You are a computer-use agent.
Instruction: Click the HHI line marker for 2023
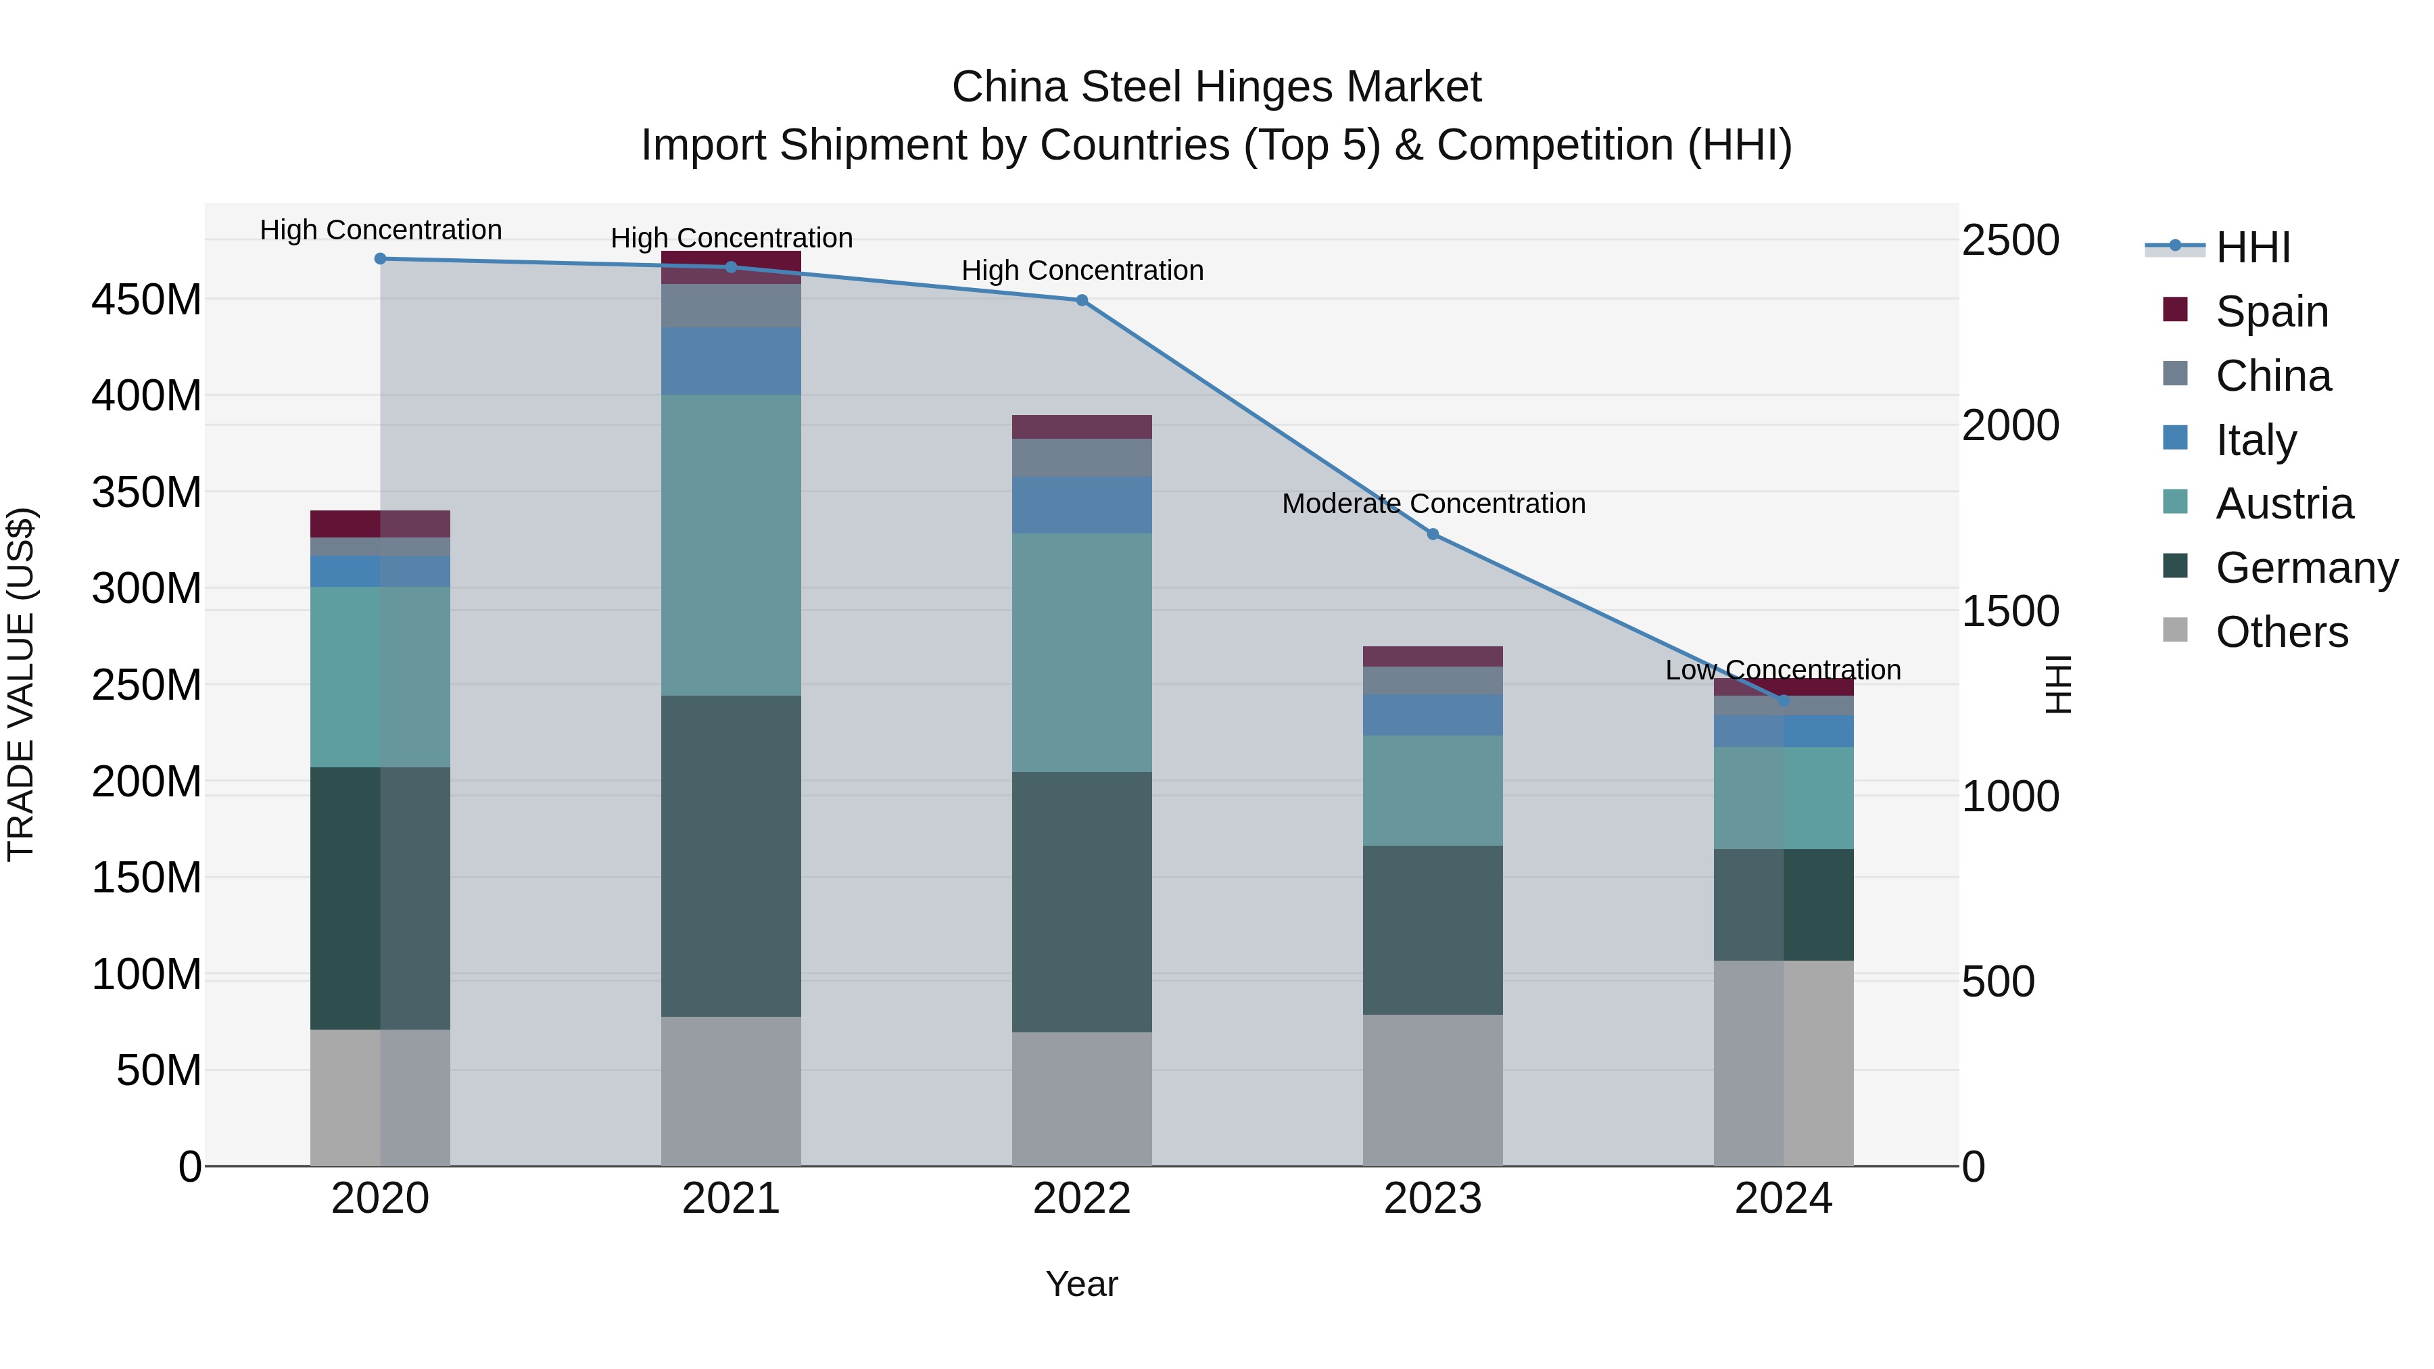1433,534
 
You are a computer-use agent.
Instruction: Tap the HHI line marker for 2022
1082,300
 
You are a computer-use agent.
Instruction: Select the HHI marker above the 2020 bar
380,258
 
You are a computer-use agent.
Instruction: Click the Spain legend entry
2272,311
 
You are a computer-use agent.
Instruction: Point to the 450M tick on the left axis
147,299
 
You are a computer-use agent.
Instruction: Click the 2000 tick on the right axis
2010,425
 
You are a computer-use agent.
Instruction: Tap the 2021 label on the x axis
730,1198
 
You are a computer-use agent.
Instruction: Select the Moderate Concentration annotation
1433,504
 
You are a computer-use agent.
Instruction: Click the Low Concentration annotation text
1782,670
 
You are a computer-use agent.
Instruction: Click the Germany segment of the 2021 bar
730,855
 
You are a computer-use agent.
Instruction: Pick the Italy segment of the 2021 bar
730,361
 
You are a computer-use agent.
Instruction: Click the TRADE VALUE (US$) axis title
21,684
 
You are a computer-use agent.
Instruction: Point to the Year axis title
1082,1284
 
